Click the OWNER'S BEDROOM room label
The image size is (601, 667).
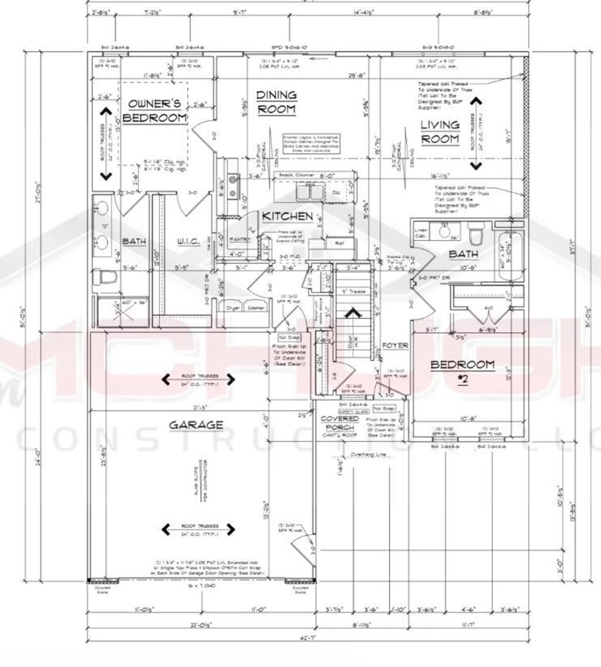point(157,111)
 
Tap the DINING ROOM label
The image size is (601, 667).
point(277,102)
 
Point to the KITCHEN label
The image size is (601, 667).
point(287,216)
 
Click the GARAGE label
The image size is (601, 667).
point(188,425)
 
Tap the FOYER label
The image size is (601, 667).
point(395,346)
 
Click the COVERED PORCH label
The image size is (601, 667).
point(339,423)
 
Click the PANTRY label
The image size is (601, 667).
point(240,239)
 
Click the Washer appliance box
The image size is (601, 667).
point(255,307)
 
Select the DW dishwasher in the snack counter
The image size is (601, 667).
point(335,193)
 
